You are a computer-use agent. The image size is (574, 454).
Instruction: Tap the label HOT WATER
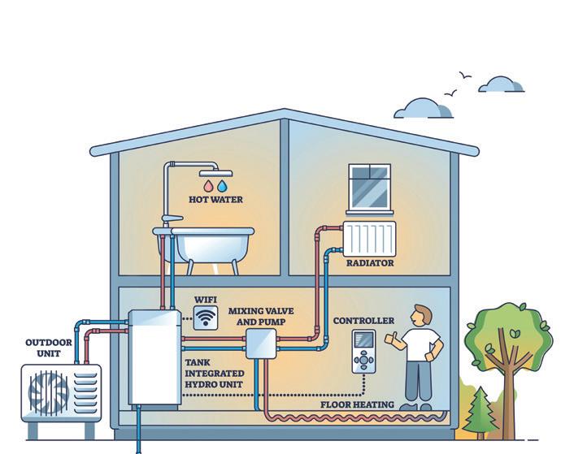pyautogui.click(x=215, y=199)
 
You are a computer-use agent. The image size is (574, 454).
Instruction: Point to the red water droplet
pyautogui.click(x=209, y=185)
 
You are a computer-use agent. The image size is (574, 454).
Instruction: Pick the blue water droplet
pyautogui.click(x=222, y=185)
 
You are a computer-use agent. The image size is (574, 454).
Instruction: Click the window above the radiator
pyautogui.click(x=371, y=187)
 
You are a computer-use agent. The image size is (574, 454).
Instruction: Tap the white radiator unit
pyautogui.click(x=369, y=237)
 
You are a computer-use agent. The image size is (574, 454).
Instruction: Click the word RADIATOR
pyautogui.click(x=370, y=263)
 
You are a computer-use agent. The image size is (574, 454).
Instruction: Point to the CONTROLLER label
pyautogui.click(x=363, y=321)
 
